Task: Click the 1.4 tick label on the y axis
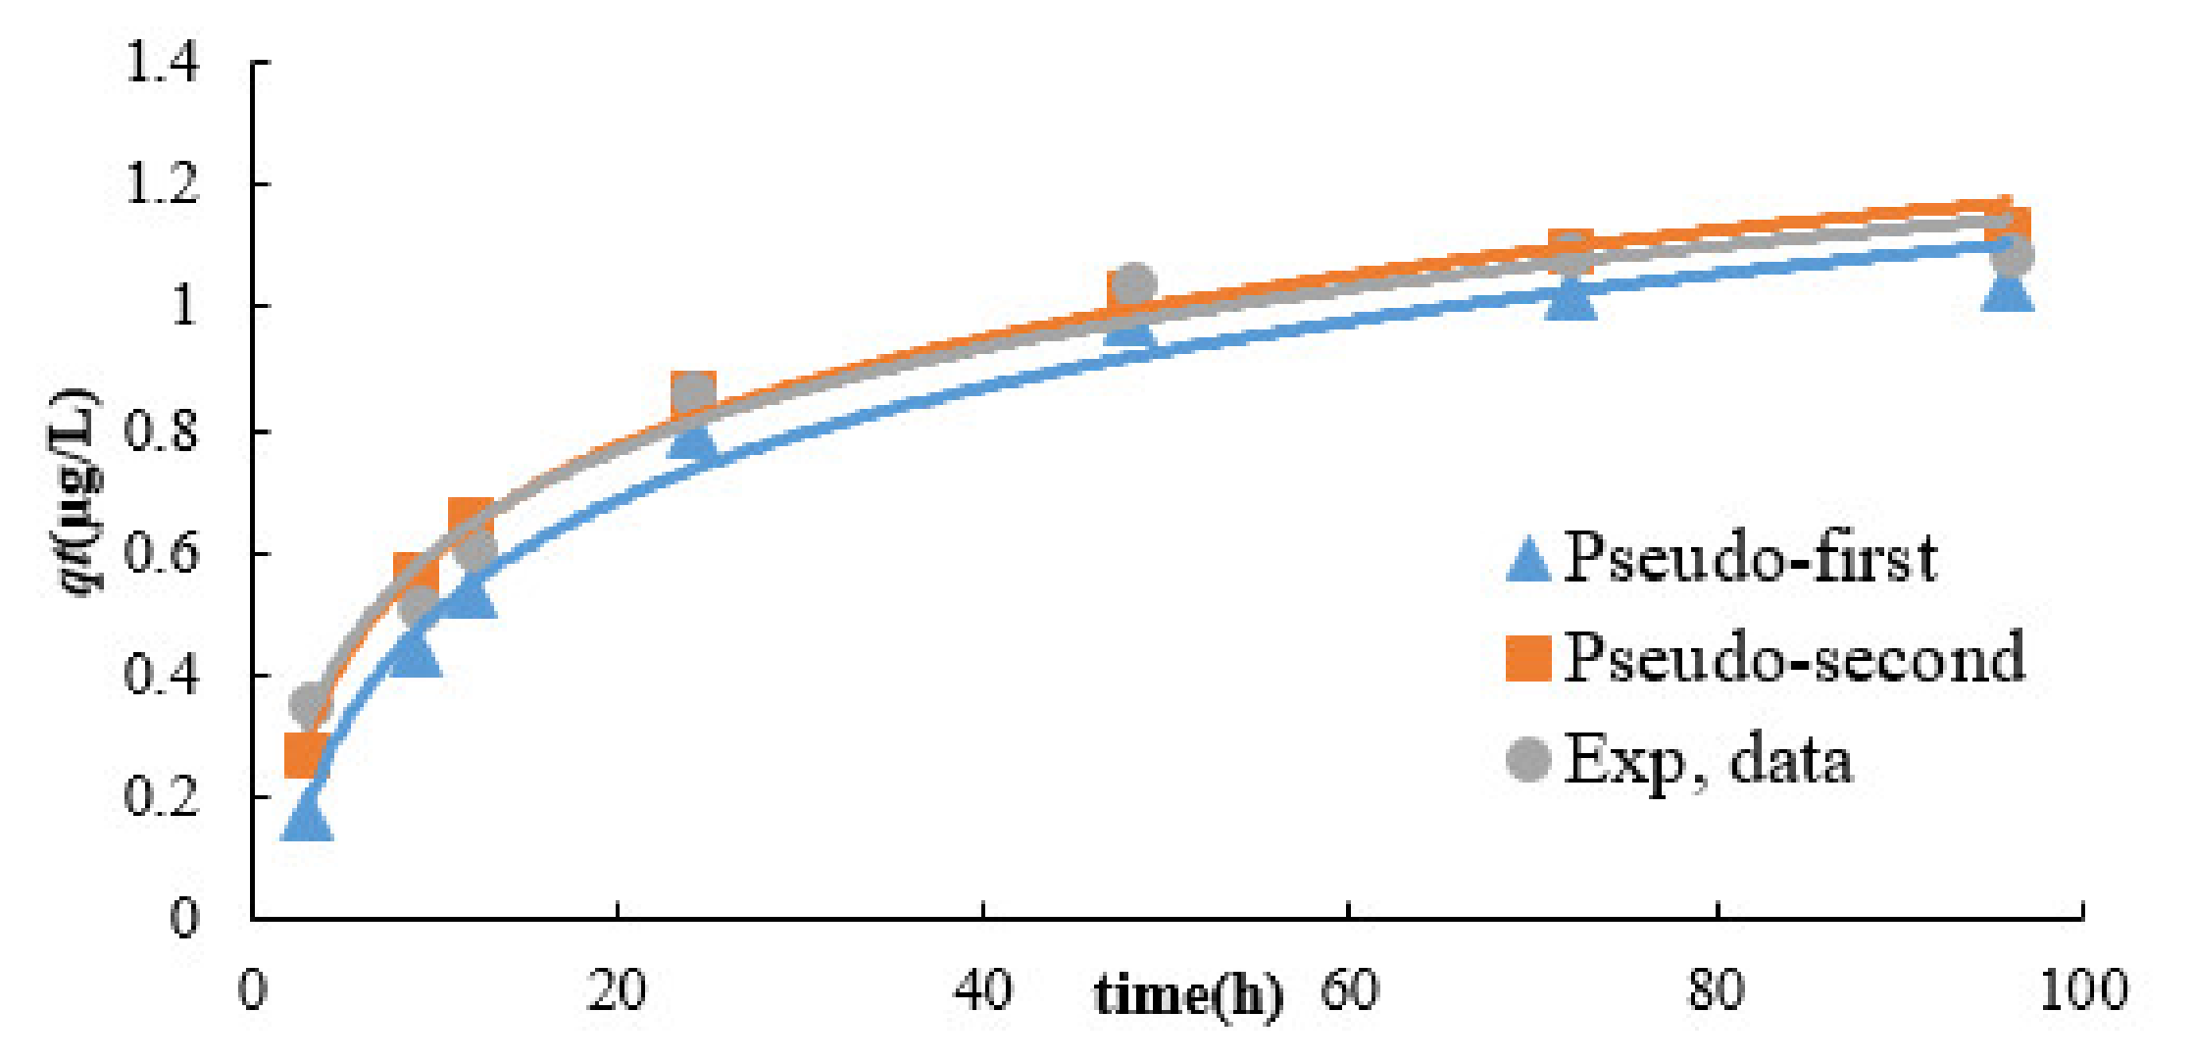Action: click(x=162, y=64)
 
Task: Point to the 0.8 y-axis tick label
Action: click(x=162, y=431)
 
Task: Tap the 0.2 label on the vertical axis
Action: click(x=162, y=797)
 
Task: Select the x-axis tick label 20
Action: click(x=616, y=990)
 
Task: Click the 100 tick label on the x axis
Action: click(x=2082, y=990)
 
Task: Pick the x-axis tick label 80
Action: click(x=1717, y=990)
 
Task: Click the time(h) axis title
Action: click(x=1188, y=994)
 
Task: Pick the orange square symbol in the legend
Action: click(x=1528, y=658)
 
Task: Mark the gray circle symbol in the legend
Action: click(x=1528, y=759)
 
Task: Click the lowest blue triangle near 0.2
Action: click(x=307, y=818)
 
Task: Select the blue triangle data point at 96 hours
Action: click(x=2007, y=289)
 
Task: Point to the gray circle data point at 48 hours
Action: click(x=1132, y=284)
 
